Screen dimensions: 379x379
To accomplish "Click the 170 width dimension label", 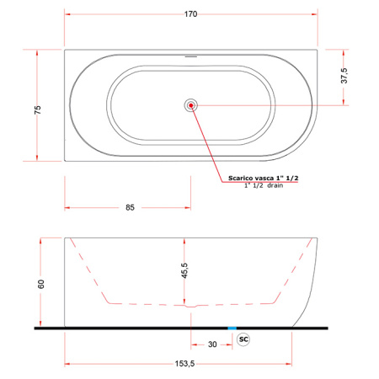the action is click(x=190, y=14).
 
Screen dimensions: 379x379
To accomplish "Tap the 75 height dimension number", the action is click(x=37, y=109).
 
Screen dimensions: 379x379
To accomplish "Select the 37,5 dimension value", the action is click(x=344, y=76).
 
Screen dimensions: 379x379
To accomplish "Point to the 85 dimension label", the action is click(x=130, y=207).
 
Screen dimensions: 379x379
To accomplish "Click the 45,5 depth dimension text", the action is click(x=184, y=270).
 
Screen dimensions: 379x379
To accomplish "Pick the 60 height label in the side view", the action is click(x=41, y=284).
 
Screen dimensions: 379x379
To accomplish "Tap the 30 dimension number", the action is click(x=212, y=344).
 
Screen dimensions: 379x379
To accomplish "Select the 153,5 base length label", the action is click(x=184, y=364).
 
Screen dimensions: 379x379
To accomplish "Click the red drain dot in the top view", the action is click(x=191, y=105).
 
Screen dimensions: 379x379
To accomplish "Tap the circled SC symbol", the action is click(x=243, y=339).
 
